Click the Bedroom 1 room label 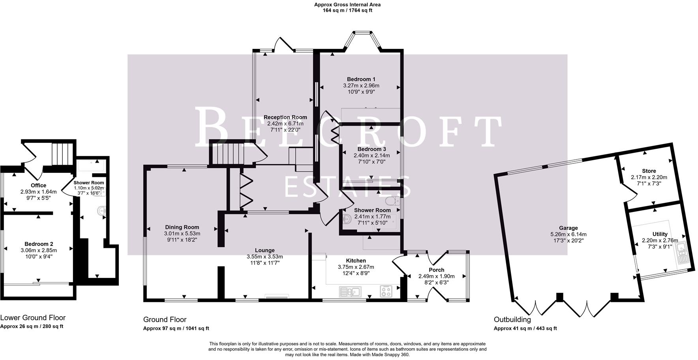(361, 79)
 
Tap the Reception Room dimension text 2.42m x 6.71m (285, 124)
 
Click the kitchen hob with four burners (386, 292)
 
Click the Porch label (436, 270)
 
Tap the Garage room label (568, 228)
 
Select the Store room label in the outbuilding (649, 171)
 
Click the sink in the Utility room (682, 253)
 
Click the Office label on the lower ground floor (38, 185)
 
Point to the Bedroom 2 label (39, 244)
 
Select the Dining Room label (182, 227)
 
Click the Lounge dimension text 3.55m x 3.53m (265, 257)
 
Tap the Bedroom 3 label (372, 149)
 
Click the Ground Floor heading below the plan (165, 319)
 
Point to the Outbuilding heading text (512, 319)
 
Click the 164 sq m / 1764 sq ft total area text (347, 11)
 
